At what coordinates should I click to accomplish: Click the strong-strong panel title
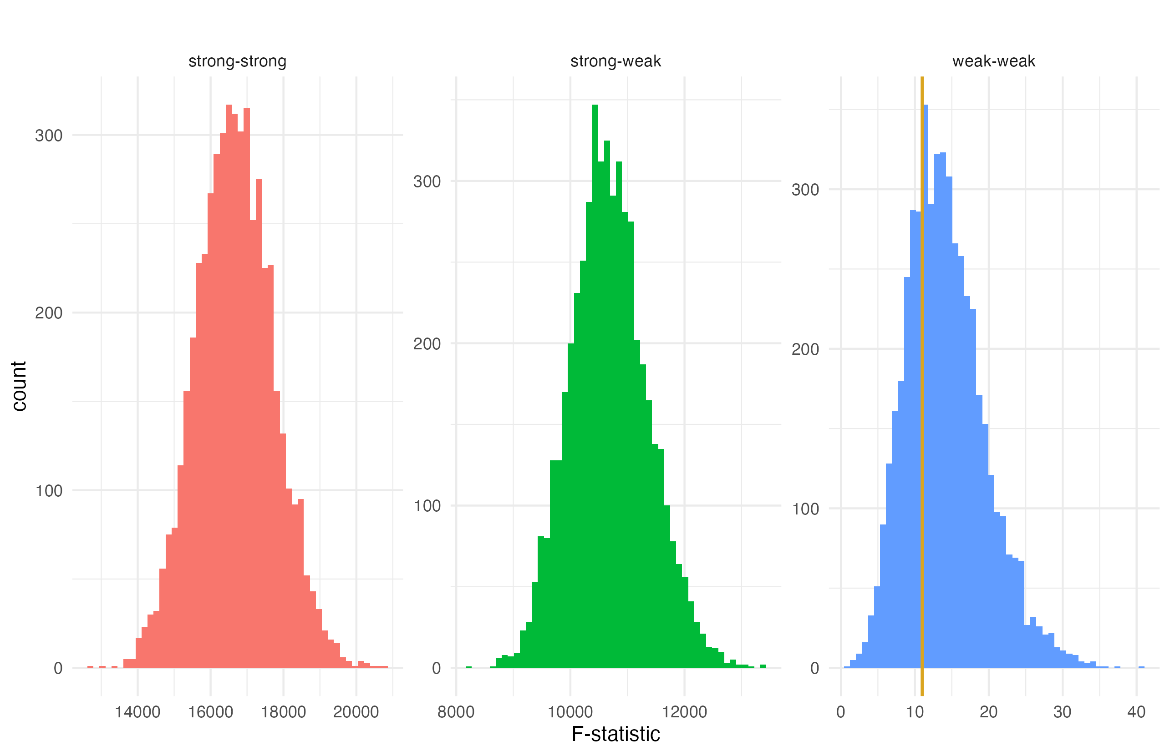(237, 61)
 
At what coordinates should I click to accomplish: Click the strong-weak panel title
(616, 61)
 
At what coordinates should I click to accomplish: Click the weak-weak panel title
(994, 61)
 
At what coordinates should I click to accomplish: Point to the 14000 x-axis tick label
(137, 712)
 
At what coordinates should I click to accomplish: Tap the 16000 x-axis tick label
(210, 712)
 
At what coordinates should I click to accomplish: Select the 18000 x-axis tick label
(284, 712)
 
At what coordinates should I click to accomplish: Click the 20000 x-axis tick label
(356, 712)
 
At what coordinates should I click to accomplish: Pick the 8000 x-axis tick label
(456, 712)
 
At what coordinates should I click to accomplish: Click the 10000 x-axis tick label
(570, 712)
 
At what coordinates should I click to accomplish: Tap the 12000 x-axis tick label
(684, 712)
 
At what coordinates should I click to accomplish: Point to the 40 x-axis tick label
(1136, 712)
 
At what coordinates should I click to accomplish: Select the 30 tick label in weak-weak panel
(1063, 712)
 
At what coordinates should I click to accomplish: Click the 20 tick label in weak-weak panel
(988, 712)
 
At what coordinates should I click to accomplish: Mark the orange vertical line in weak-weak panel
(922, 393)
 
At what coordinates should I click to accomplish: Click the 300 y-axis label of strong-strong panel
(49, 136)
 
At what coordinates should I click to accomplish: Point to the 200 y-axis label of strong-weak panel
(427, 343)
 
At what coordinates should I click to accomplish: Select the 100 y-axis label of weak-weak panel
(805, 509)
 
